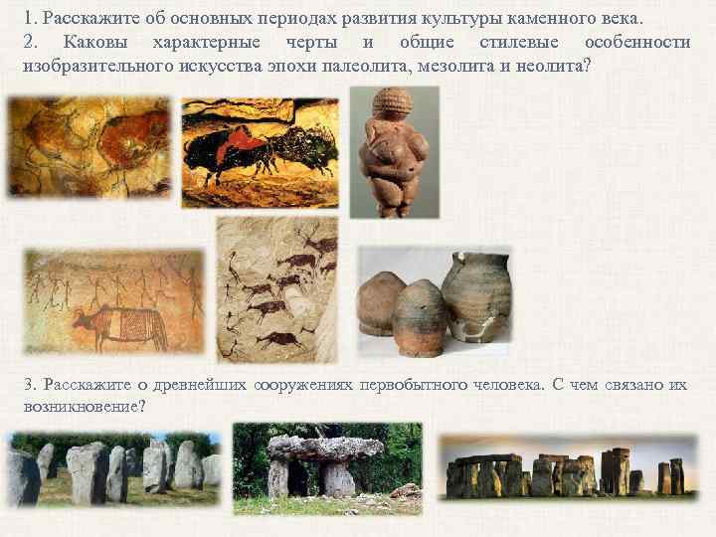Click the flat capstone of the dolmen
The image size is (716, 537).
[326, 447]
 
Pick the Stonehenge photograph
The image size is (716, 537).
[568, 466]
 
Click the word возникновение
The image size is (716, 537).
[82, 406]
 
